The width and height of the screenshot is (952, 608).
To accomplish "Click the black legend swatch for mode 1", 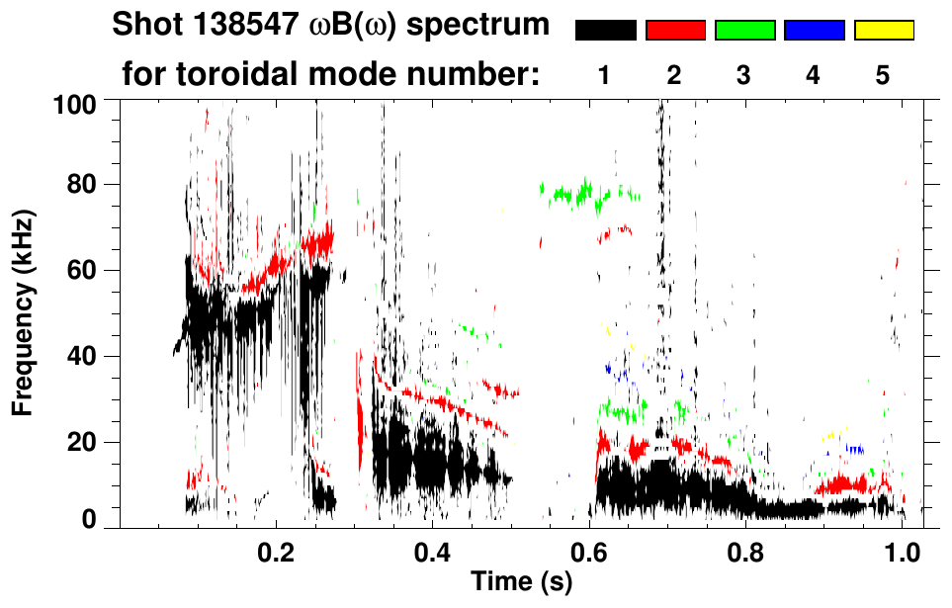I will click(605, 31).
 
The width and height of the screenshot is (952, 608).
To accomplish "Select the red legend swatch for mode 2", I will click(674, 31).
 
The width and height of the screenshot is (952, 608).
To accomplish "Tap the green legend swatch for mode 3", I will click(744, 31).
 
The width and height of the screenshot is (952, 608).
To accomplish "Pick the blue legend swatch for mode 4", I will click(814, 31).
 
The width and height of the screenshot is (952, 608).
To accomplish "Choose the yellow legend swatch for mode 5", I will click(884, 31).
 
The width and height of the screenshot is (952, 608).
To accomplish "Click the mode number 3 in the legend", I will click(743, 76).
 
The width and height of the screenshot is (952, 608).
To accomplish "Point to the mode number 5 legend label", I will click(883, 76).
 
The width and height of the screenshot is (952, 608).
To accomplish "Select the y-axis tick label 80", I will click(83, 185).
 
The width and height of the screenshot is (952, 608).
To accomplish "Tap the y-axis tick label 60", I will click(83, 270).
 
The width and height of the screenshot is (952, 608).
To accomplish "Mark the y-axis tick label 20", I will click(83, 442).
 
